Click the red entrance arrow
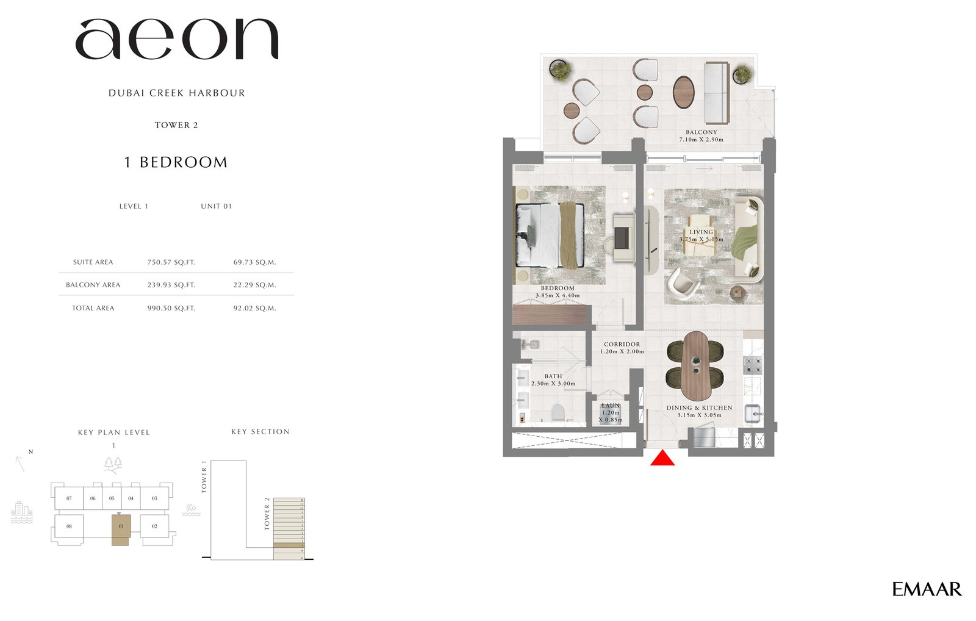coord(662,458)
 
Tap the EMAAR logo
coord(927,589)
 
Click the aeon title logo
coord(177,40)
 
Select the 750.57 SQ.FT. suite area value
coord(171,262)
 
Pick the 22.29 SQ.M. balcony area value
coord(254,285)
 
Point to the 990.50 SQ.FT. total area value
coord(171,308)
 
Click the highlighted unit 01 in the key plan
coord(121,528)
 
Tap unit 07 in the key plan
coord(69,498)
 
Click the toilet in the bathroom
coord(558,414)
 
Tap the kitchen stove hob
coord(753,365)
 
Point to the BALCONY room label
coord(701,132)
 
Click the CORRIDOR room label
coord(622,344)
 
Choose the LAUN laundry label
coord(611,406)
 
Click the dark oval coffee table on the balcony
coord(684,92)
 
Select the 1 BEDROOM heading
coord(176,162)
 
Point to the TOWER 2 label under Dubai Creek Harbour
coord(176,125)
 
